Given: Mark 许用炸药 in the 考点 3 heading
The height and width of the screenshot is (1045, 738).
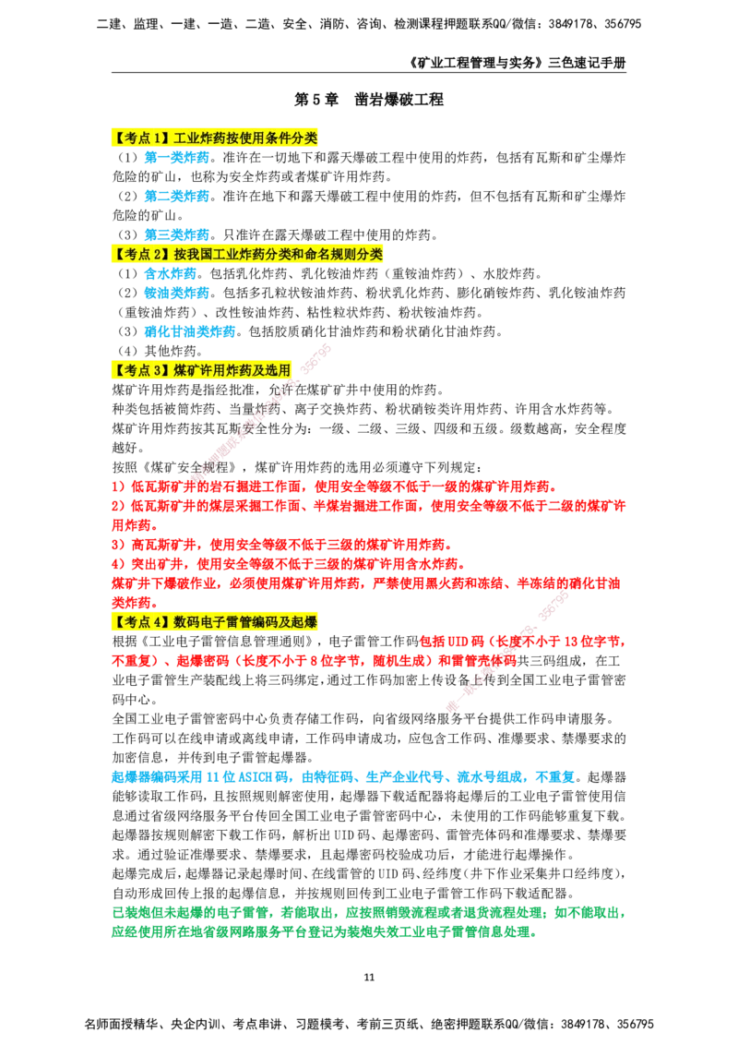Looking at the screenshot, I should click(x=226, y=369).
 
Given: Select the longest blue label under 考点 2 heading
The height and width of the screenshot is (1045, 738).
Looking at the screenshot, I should click(x=189, y=331).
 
